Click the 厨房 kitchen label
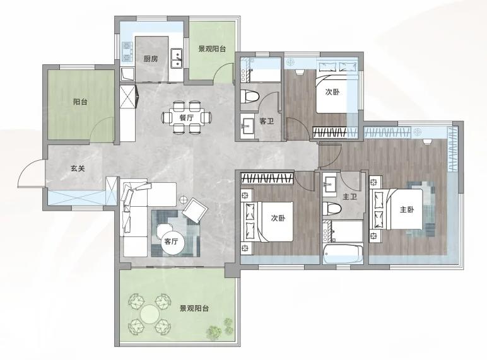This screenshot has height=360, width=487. point(151,59)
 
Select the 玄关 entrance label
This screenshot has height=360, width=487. point(78,168)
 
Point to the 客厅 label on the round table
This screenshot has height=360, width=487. point(171,241)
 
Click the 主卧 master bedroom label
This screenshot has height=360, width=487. point(407,210)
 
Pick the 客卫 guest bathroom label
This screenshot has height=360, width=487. point(266,121)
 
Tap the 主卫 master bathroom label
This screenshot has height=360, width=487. point(349,197)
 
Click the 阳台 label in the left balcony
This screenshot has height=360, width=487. point(80,102)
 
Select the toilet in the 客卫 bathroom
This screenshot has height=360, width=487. point(250,96)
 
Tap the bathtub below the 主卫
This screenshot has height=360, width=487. point(343,254)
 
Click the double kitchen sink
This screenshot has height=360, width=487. point(177,59)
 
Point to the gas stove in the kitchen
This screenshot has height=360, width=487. point(127,52)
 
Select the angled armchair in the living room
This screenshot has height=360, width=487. point(195,211)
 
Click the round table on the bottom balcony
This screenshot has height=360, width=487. point(150,314)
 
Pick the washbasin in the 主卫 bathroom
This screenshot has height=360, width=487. point(329,185)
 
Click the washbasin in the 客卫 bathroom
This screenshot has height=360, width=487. point(247,125)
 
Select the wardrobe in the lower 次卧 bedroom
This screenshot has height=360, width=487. point(267,178)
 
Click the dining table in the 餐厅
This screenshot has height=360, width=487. point(186,118)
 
